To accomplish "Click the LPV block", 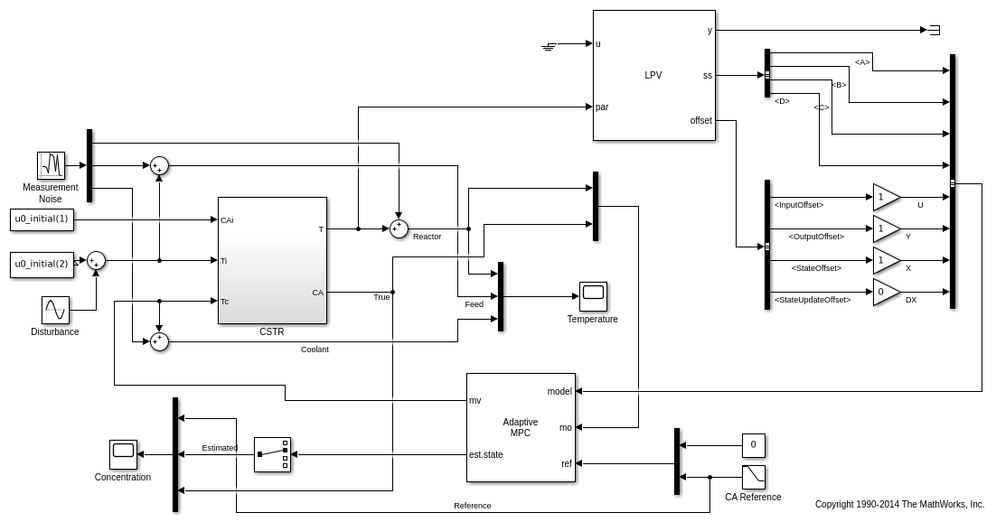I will point(653,75).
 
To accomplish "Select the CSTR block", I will point(272,260).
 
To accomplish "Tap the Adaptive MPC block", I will point(521,427).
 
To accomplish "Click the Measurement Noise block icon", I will point(52,165).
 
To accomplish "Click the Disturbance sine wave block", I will point(55,310).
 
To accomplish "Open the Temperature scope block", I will point(593,295).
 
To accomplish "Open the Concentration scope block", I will point(123,454).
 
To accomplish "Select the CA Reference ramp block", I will point(753,477).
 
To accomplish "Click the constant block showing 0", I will point(753,445).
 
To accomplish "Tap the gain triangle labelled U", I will point(886,197).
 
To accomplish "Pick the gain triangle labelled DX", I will point(886,292).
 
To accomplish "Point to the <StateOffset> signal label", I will point(816,268).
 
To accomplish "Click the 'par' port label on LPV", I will point(602,107).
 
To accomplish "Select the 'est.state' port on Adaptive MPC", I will point(486,454).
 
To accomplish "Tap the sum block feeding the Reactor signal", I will point(399,228).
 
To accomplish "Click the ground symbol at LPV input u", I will point(549,45).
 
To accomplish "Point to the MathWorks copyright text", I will point(899,504).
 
